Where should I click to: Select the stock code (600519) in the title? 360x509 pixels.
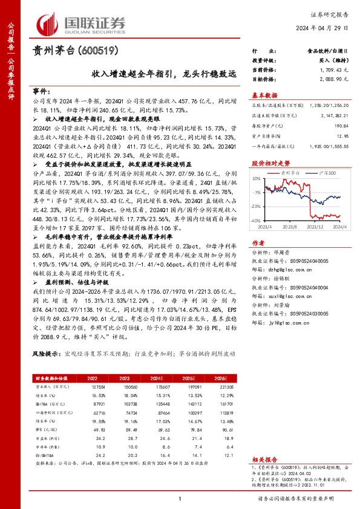point(97,51)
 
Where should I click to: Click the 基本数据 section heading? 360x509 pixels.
point(264,95)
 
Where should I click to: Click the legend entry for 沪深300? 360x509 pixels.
point(327,173)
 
